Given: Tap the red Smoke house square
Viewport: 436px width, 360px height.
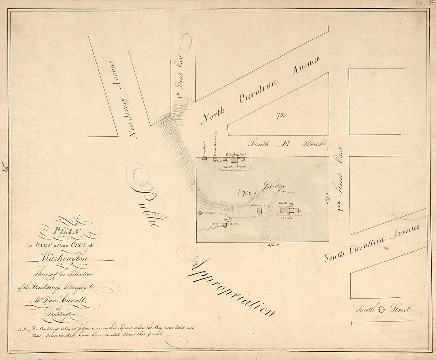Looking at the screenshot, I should (x=259, y=211).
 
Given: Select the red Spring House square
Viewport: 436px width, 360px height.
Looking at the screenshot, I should (x=225, y=224).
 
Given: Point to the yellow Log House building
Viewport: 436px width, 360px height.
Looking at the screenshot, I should (x=205, y=159).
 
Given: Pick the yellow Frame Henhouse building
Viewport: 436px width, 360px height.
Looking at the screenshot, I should (x=215, y=159).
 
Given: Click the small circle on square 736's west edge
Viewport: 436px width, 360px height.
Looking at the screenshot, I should (x=200, y=213).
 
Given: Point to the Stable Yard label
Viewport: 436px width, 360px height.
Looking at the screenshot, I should (x=235, y=167).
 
